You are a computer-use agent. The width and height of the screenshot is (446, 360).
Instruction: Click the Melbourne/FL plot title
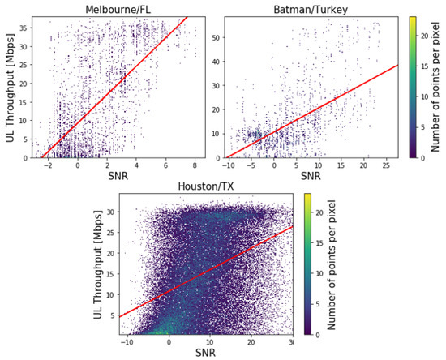coord(121,7)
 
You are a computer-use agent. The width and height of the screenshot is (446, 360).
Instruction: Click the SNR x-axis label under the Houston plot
coord(206,354)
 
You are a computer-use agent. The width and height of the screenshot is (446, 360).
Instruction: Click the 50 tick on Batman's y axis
coord(217,36)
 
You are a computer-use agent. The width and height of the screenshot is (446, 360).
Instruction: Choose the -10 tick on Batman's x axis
coord(230,165)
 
